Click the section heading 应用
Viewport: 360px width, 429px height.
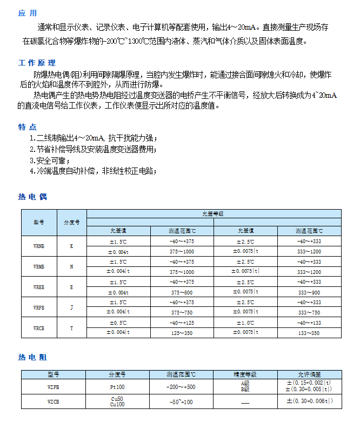(x=28, y=13)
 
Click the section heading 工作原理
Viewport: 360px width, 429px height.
(x=37, y=63)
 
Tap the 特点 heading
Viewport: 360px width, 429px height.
(x=28, y=127)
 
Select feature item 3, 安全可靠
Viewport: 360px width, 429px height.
(x=50, y=161)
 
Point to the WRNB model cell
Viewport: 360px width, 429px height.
(x=39, y=246)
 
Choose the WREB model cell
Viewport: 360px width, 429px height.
(x=39, y=287)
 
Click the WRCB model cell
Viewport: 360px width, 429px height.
(x=39, y=328)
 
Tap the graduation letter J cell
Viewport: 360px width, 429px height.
(x=71, y=307)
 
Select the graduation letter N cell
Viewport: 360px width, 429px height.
(x=71, y=266)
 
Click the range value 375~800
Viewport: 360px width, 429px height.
(x=182, y=292)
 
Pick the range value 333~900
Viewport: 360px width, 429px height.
(x=309, y=292)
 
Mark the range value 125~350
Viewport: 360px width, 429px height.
(x=182, y=333)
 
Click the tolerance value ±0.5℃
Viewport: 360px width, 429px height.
(x=118, y=323)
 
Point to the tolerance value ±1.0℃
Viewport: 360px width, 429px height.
(x=246, y=323)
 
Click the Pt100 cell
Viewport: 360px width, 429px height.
(x=117, y=387)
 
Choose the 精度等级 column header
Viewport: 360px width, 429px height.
(x=244, y=374)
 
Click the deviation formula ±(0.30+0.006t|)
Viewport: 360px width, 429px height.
(x=309, y=401)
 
